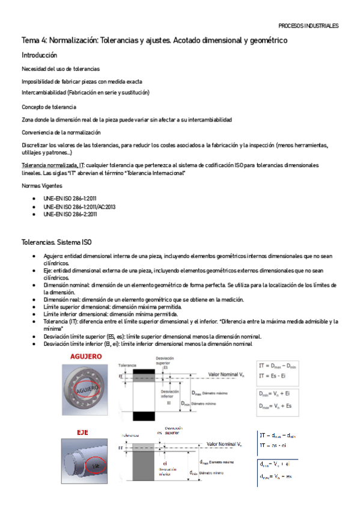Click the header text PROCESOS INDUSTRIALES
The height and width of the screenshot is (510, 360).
pos(308,26)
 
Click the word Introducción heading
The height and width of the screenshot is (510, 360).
pos(40,55)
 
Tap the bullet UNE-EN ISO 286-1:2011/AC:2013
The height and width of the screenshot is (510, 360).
pos(79,206)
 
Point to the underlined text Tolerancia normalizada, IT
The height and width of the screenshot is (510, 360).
pos(49,165)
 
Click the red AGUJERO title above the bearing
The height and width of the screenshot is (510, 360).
pos(86,357)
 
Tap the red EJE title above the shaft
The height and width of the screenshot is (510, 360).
pos(82,432)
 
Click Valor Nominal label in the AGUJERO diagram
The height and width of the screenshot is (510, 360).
pos(225,373)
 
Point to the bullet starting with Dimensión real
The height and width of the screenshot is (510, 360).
pos(143,300)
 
